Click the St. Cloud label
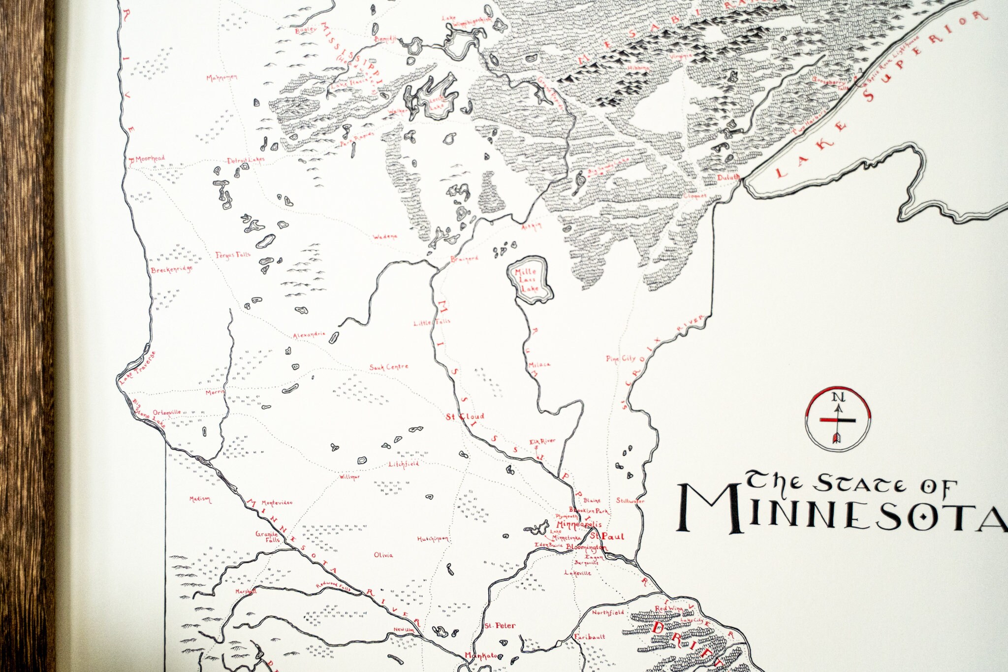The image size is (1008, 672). (465, 416)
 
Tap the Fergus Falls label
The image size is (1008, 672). (233, 255)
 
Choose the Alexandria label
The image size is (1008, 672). (309, 335)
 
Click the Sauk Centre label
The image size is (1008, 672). (389, 367)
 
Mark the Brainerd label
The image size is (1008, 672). (464, 259)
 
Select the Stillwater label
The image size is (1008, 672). (630, 501)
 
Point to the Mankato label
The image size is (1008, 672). (481, 655)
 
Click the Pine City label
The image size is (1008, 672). (621, 358)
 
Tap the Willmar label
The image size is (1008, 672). (349, 477)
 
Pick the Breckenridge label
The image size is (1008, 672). (171, 270)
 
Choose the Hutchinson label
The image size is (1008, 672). (433, 539)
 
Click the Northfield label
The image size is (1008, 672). (607, 613)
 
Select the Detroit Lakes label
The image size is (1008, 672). (246, 160)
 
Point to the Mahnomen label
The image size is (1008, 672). (221, 78)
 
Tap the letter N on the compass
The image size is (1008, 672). (838, 397)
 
